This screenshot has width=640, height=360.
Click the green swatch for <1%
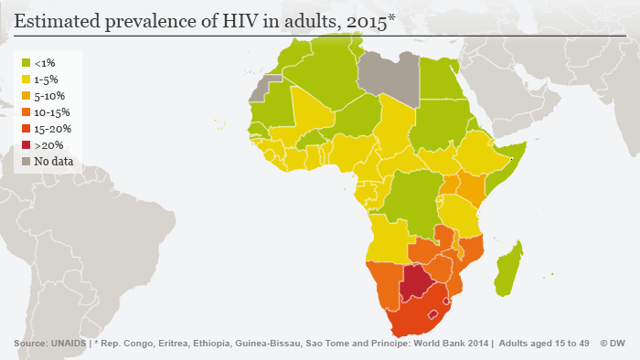(x=27, y=63)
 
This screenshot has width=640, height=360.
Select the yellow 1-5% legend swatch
(x=27, y=79)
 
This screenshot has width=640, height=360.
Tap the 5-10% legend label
(x=49, y=96)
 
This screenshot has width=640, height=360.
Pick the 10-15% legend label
(x=52, y=112)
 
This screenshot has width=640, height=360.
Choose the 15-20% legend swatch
(x=27, y=129)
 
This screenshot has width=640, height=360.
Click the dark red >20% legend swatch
(x=27, y=145)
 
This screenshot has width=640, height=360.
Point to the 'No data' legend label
(x=53, y=162)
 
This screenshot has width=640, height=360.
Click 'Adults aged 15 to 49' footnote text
(x=545, y=344)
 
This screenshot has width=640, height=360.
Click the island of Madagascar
(x=509, y=268)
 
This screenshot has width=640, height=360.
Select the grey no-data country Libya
(x=388, y=73)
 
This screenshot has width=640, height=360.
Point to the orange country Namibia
(x=383, y=284)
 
